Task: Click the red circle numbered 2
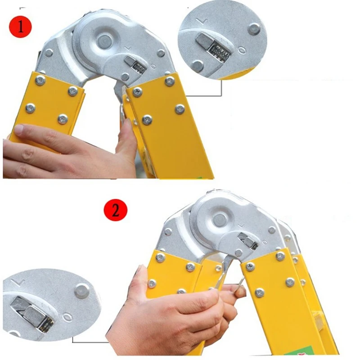click(x=116, y=211)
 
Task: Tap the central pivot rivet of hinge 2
click(x=219, y=219)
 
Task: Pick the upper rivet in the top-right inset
click(x=255, y=28)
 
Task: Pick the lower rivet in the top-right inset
click(x=197, y=66)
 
